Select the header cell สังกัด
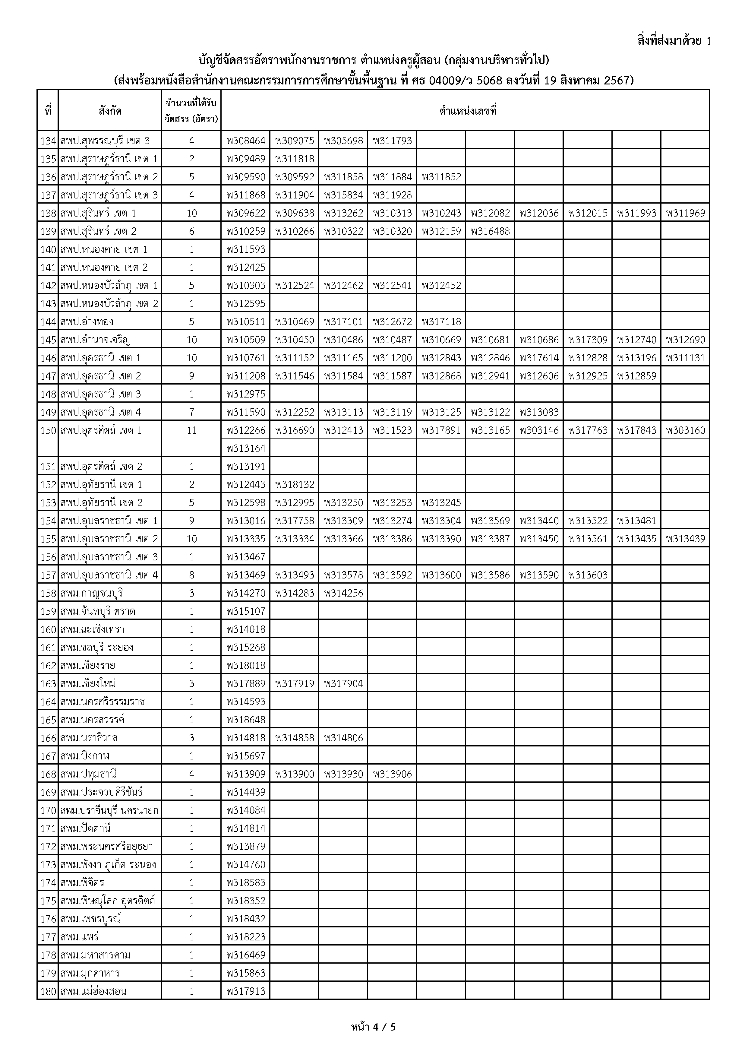pos(110,111)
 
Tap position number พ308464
pos(246,141)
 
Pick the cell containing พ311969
pos(685,213)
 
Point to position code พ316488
pos(490,231)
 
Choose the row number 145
pos(48,340)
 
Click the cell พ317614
pos(539,358)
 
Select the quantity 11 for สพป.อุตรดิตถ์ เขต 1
pos(192,430)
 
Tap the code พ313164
pos(246,448)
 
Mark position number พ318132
pos(295,484)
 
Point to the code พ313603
pos(588,575)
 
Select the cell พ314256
pos(344,593)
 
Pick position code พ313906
pos(393,774)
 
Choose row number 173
pos(48,864)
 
